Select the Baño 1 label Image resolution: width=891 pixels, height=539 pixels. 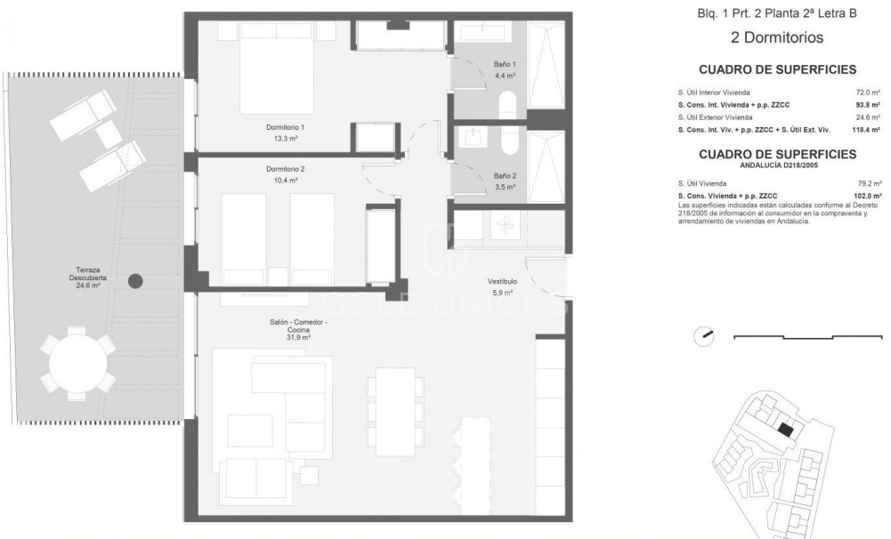505,70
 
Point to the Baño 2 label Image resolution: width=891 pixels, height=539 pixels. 505,181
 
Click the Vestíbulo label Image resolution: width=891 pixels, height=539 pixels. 502,286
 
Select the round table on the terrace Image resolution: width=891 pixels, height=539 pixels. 78,365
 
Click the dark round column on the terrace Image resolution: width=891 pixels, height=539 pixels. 135,281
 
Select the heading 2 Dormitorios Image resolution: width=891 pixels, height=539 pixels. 776,38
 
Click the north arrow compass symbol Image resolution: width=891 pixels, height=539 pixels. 705,337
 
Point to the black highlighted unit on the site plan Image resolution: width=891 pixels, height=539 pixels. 784,429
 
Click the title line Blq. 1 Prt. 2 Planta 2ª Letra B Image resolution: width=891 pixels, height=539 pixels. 776,13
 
